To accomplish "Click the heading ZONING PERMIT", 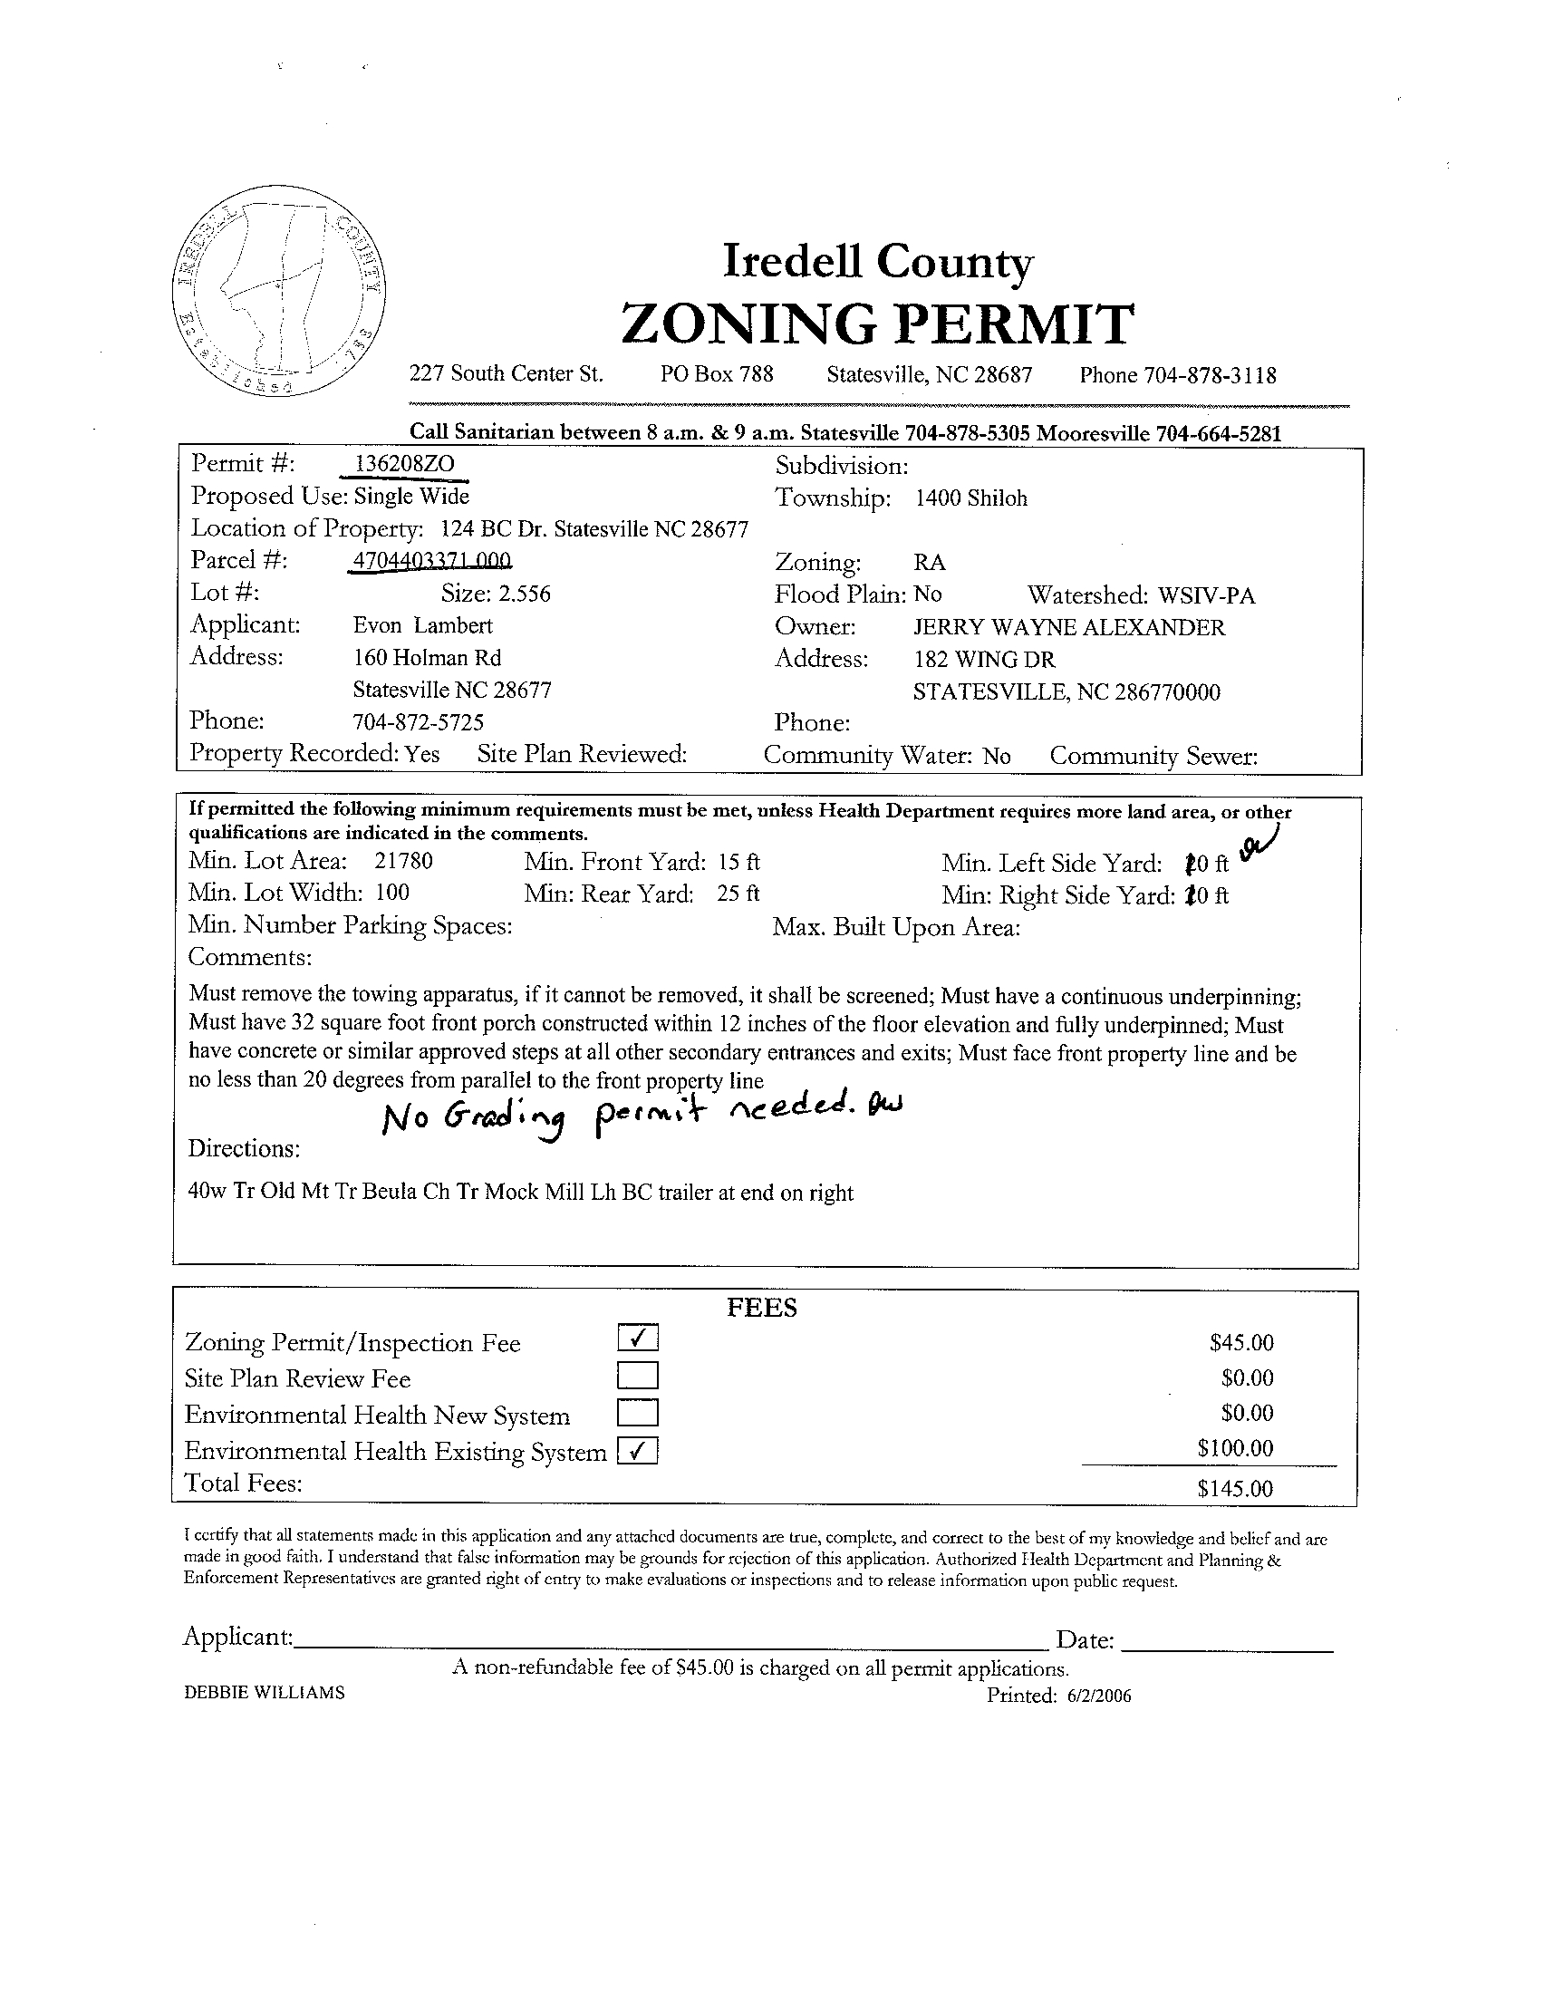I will tap(877, 324).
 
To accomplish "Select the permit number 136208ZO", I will tap(404, 464).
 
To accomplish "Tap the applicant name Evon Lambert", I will tap(423, 625).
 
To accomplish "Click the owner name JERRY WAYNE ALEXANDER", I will tap(1069, 627).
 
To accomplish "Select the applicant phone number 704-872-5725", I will tap(419, 722).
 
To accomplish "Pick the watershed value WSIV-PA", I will tap(1206, 596).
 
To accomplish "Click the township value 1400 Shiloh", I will tap(971, 498).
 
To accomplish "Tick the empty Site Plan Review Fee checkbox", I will tap(638, 1376).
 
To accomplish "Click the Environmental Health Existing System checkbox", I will tap(638, 1450).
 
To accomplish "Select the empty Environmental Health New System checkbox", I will tap(638, 1413).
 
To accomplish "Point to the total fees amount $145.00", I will tap(1235, 1489).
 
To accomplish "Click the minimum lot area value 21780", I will tap(403, 862).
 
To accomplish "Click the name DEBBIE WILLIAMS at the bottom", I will tap(265, 1693).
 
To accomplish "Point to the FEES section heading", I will tap(762, 1309).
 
